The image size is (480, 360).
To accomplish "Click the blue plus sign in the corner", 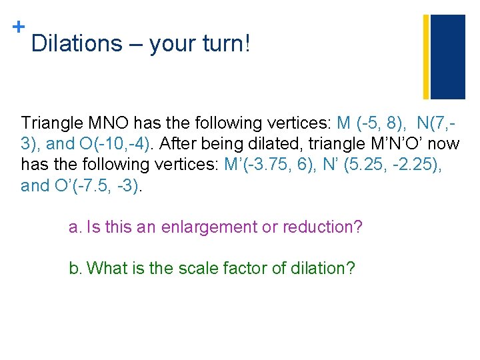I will [18, 27].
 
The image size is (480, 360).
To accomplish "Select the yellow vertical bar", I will [426, 56].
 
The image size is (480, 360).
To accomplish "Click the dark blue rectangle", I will [448, 56].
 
